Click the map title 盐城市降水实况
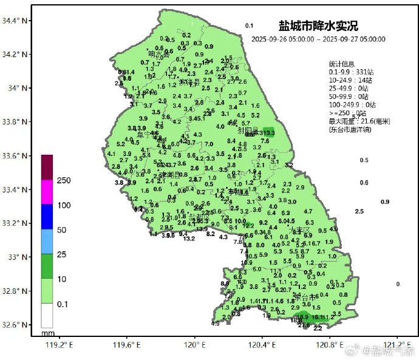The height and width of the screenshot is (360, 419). [x=318, y=26]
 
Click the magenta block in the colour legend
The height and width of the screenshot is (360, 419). [x=47, y=192]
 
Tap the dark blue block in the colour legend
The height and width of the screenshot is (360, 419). [x=47, y=217]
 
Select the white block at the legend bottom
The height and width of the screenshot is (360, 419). [x=47, y=316]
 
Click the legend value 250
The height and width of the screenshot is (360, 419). [x=64, y=180]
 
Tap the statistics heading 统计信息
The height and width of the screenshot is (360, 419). [x=342, y=64]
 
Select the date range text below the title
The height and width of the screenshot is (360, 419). [x=318, y=39]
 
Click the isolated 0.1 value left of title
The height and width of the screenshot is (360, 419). [x=249, y=25]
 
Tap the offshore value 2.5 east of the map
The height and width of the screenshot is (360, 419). [x=359, y=211]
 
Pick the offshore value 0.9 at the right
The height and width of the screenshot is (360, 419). [x=385, y=202]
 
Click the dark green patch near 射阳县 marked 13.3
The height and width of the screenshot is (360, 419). [x=268, y=133]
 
